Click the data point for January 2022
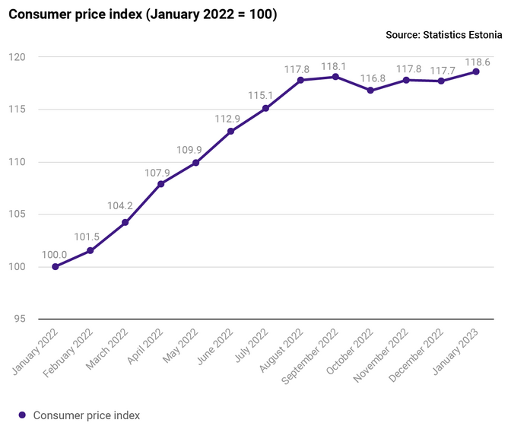pyautogui.click(x=56, y=266)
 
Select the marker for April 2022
pyautogui.click(x=160, y=183)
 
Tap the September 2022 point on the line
pyautogui.click(x=335, y=77)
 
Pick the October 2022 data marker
pyautogui.click(x=370, y=91)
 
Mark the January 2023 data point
pyautogui.click(x=476, y=72)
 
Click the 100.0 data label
pyautogui.click(x=54, y=254)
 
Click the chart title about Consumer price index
pyautogui.click(x=142, y=14)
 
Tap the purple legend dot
pyautogui.click(x=22, y=415)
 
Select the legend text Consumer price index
pyautogui.click(x=87, y=415)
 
